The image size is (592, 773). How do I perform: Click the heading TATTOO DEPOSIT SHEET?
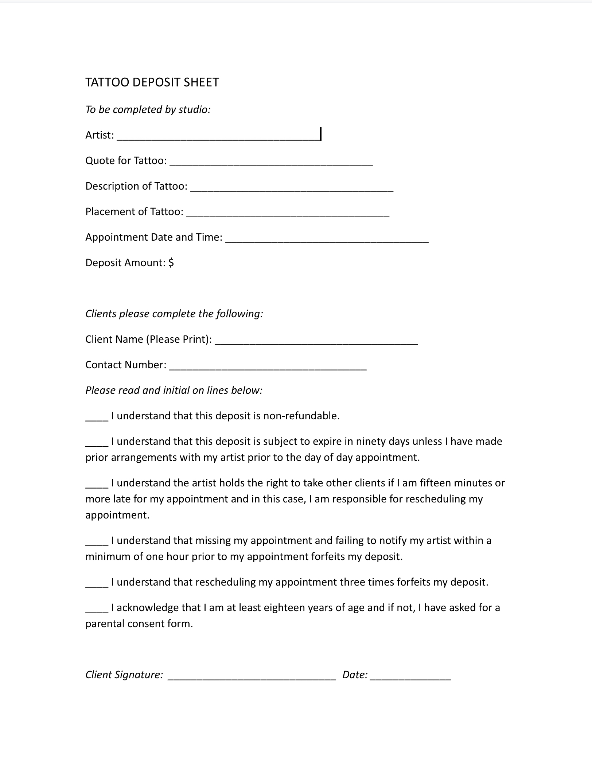point(152,82)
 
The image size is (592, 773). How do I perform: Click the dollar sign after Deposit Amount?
point(171,263)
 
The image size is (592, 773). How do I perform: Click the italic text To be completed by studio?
point(148,109)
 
